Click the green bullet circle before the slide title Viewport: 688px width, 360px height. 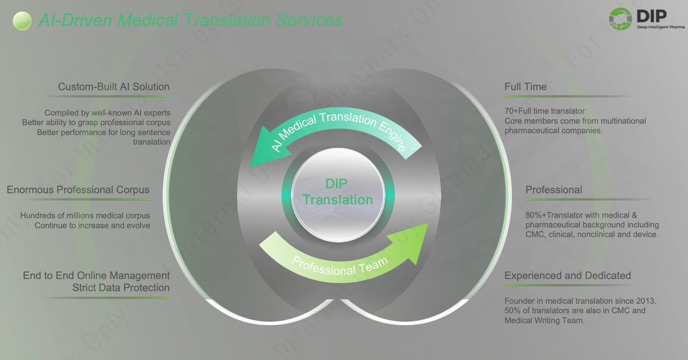(x=22, y=21)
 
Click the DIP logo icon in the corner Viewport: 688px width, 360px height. (x=620, y=20)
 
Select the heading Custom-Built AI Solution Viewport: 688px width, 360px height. (x=114, y=87)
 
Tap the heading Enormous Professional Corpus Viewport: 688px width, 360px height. (x=78, y=190)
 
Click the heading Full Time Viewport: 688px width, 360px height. (x=525, y=87)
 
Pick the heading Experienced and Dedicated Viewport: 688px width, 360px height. (x=568, y=275)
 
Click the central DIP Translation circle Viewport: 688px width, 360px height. (x=338, y=192)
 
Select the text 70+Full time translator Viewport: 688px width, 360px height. (x=544, y=111)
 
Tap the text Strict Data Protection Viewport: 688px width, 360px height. (x=121, y=288)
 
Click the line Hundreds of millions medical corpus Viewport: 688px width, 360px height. (x=85, y=215)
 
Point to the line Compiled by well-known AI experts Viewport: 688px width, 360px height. (x=107, y=113)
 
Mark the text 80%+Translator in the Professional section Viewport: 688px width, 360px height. (x=551, y=215)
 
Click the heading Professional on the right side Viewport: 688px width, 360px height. (x=554, y=190)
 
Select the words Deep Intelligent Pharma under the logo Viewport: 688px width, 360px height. (x=660, y=27)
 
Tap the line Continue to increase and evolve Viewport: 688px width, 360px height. (x=92, y=225)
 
